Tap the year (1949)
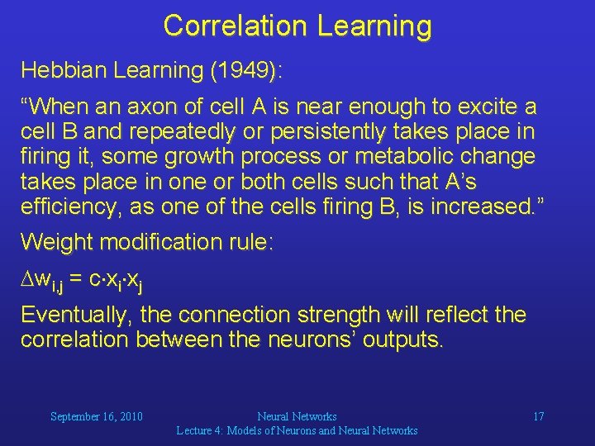point(245,71)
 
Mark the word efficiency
point(70,206)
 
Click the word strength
point(349,316)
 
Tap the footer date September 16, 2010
point(97,416)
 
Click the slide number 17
point(538,416)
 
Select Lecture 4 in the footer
point(207,430)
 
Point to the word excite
point(488,107)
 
